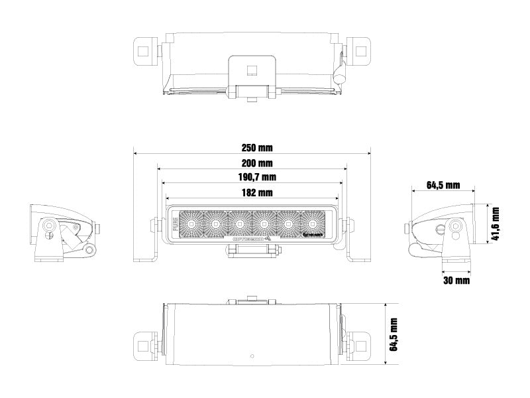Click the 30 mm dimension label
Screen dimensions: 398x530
[456, 281]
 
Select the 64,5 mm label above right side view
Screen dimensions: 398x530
[443, 185]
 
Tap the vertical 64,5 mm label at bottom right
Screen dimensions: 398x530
[395, 334]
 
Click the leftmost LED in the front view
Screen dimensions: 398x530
[190, 224]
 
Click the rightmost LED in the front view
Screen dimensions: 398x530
[314, 224]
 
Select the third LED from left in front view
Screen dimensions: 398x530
[239, 224]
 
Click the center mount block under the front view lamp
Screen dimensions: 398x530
[252, 251]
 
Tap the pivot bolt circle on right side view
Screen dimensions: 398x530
[457, 226]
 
